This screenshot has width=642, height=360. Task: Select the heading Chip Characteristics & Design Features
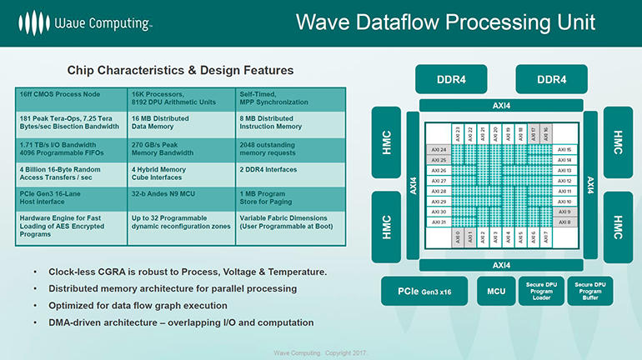[x=179, y=70]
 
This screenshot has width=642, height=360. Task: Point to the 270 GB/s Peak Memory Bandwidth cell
[x=167, y=149]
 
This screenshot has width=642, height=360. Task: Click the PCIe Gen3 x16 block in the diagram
[x=426, y=292]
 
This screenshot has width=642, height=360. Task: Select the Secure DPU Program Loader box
[x=541, y=292]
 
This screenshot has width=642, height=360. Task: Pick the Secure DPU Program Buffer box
[x=589, y=292]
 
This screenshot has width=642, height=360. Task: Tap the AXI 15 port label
[x=564, y=149]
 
